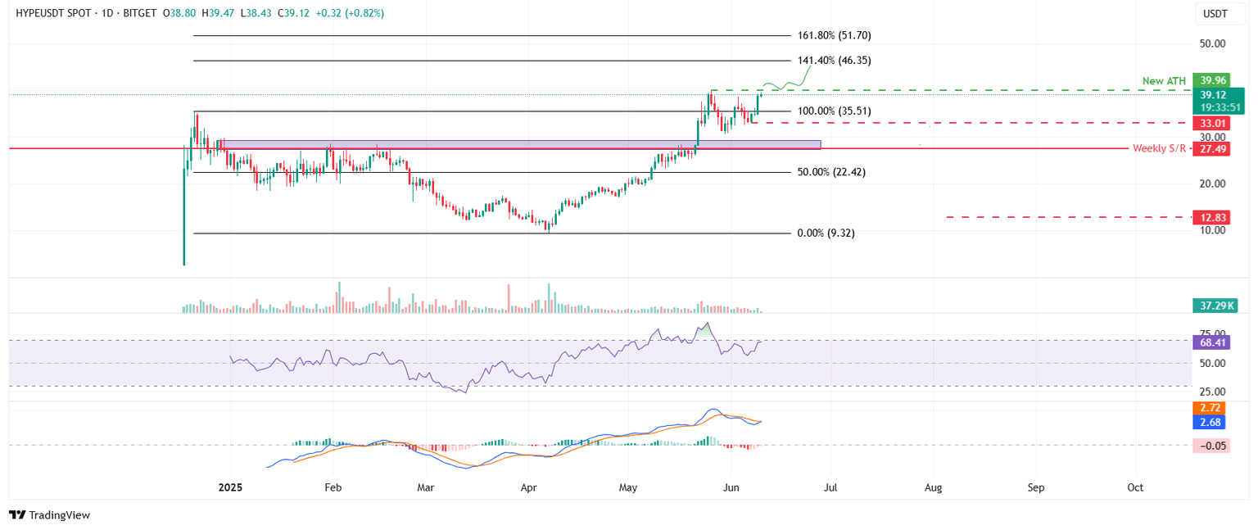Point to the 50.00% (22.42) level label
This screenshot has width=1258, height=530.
[x=831, y=172]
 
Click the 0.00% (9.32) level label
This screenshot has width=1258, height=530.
[x=826, y=233]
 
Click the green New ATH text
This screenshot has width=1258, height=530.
[x=1164, y=81]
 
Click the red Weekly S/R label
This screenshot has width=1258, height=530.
[x=1159, y=148]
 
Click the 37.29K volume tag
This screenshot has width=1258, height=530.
[x=1214, y=306]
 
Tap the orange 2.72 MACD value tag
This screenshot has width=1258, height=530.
[x=1208, y=407]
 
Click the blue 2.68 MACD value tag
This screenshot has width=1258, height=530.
[x=1208, y=422]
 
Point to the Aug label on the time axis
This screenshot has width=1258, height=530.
[x=933, y=487]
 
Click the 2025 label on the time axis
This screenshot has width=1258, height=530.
[x=230, y=487]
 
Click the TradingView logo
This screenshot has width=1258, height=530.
[x=50, y=515]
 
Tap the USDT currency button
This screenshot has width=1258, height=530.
[x=1214, y=15]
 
